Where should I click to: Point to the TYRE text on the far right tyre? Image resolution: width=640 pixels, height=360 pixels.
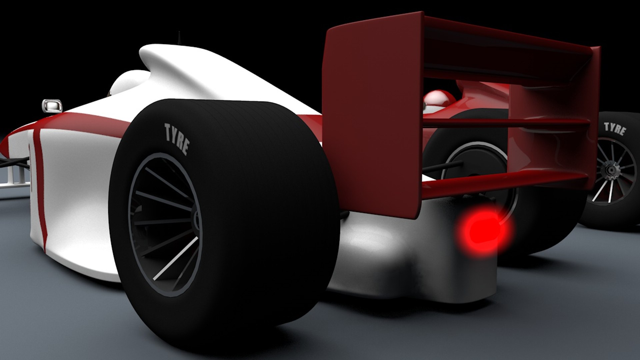(615, 129)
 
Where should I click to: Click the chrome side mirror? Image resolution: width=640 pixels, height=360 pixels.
(52, 105)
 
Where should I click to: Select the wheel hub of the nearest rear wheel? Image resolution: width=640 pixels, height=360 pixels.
(197, 220)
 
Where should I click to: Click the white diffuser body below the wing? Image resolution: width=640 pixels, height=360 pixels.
(400, 253)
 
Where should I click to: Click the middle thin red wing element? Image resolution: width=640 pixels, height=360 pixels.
(507, 123)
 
